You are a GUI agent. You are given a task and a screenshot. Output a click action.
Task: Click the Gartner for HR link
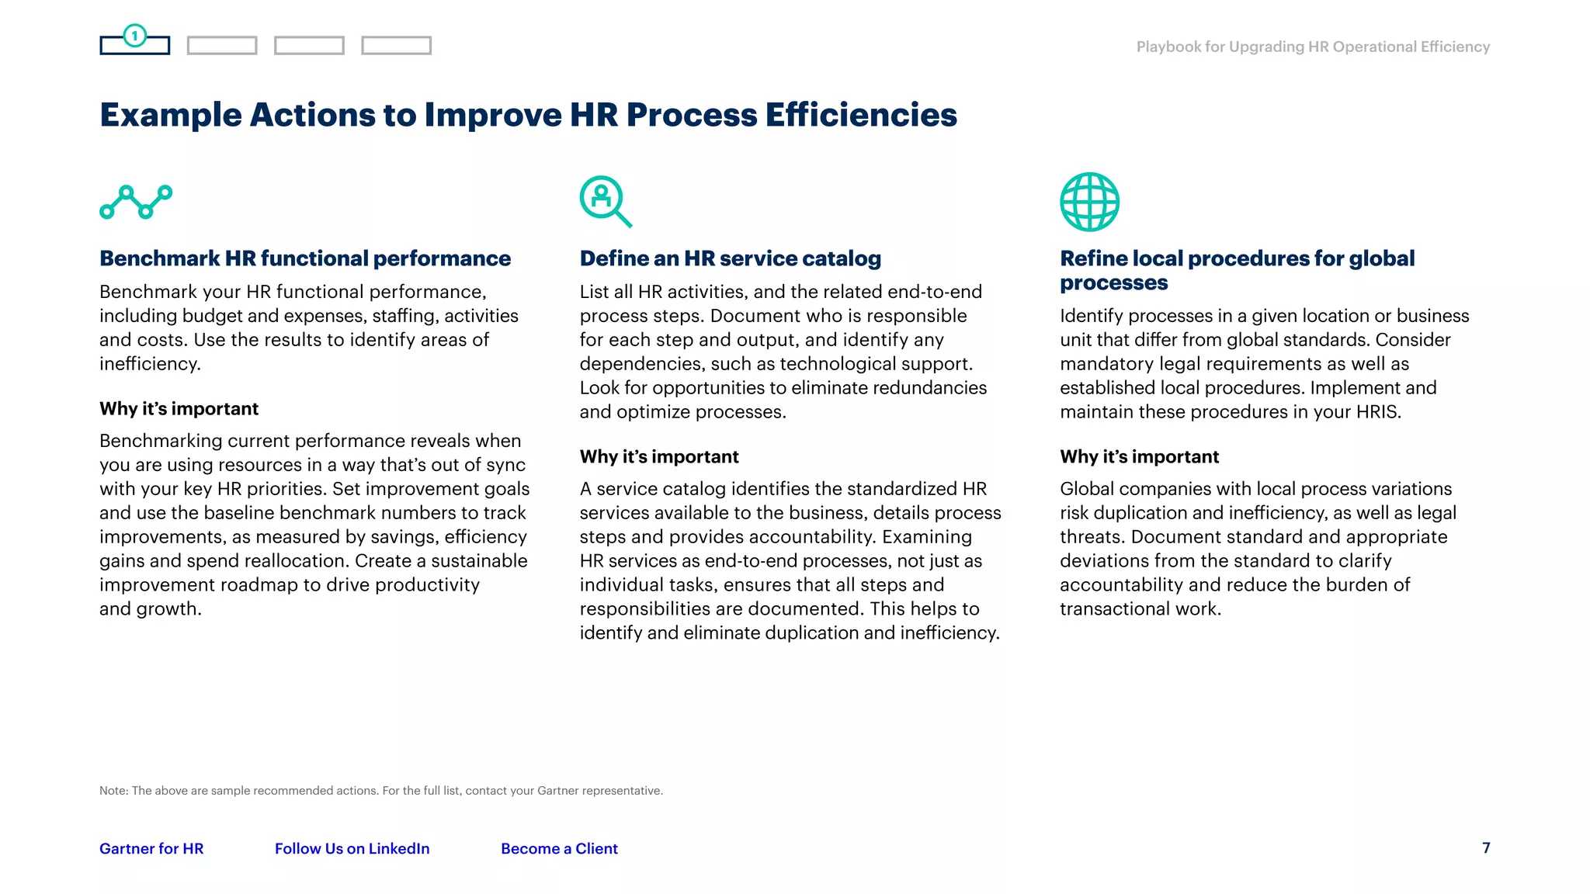pyautogui.click(x=151, y=848)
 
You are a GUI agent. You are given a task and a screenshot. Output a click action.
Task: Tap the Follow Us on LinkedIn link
pyautogui.click(x=352, y=848)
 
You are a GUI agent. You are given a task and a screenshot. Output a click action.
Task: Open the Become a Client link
pyautogui.click(x=559, y=848)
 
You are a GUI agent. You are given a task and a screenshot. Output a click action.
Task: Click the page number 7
pyautogui.click(x=1486, y=847)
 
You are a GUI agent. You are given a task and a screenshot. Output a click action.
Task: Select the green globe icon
pyautogui.click(x=1089, y=202)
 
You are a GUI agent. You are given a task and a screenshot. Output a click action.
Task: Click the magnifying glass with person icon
pyautogui.click(x=605, y=201)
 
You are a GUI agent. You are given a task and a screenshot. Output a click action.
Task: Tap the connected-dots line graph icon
pyautogui.click(x=136, y=202)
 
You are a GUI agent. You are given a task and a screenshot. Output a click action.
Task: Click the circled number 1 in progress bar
pyautogui.click(x=135, y=36)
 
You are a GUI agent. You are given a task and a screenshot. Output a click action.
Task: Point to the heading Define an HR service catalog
pyautogui.click(x=730, y=258)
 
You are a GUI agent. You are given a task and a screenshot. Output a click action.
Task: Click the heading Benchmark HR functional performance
pyautogui.click(x=305, y=258)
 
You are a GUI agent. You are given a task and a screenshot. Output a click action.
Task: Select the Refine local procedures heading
pyautogui.click(x=1237, y=270)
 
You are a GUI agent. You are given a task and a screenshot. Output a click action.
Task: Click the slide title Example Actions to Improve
pyautogui.click(x=528, y=115)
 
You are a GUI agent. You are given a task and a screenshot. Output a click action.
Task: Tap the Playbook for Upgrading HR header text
pyautogui.click(x=1313, y=47)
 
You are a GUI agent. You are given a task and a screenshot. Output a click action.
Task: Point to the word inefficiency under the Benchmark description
pyautogui.click(x=148, y=364)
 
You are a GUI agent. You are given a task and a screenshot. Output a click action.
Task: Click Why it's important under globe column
pyautogui.click(x=1139, y=456)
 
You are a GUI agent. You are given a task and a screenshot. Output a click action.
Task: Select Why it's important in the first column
pyautogui.click(x=179, y=408)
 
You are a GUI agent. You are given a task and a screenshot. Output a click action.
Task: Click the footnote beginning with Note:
pyautogui.click(x=380, y=791)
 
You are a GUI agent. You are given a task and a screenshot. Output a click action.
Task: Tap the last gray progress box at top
pyautogui.click(x=396, y=46)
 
